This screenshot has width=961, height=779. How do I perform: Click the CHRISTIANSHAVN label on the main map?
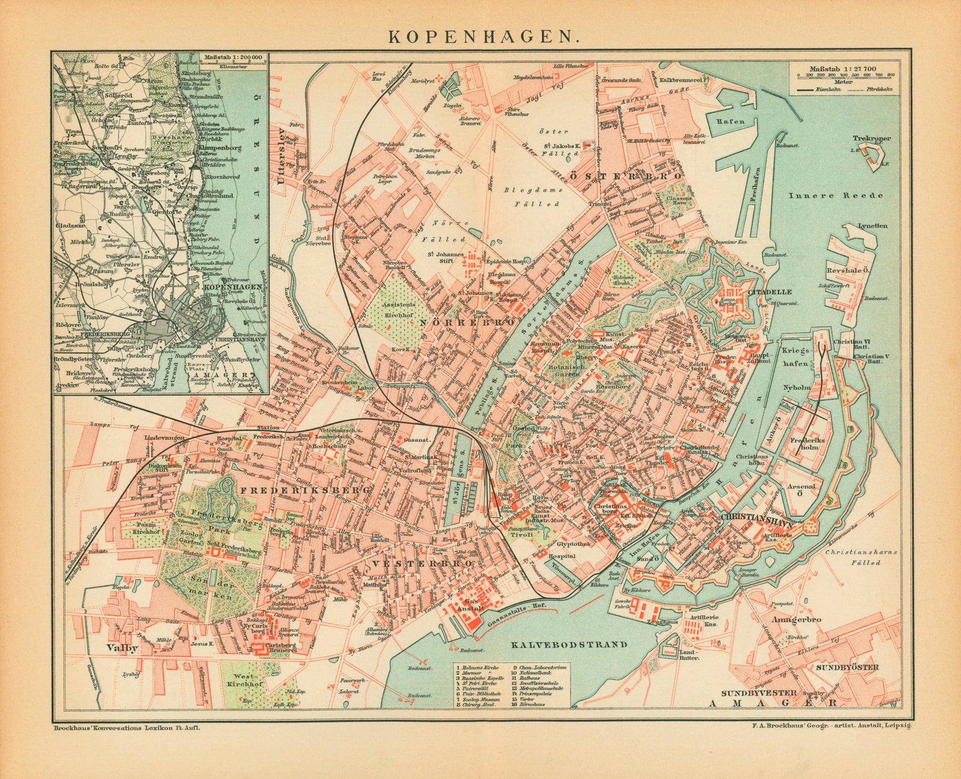click(744, 515)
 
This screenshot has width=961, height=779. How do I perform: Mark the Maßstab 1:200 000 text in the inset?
click(234, 58)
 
